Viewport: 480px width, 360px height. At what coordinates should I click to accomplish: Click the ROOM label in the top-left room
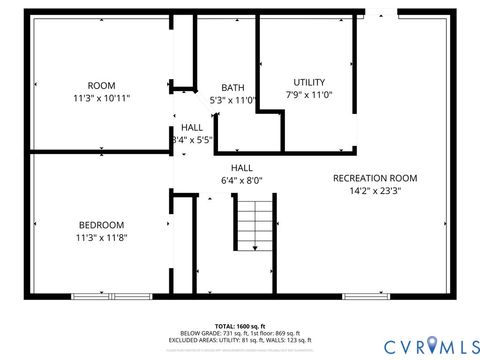click(x=102, y=85)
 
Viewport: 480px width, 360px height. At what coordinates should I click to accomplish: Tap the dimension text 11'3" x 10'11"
click(x=102, y=98)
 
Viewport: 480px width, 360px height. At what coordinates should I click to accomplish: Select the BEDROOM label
click(x=102, y=224)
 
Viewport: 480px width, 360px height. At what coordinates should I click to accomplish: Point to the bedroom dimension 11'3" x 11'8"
click(x=102, y=237)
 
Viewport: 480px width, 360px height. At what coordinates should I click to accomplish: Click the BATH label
click(x=233, y=87)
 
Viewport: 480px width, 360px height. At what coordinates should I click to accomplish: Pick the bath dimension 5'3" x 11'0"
click(x=233, y=100)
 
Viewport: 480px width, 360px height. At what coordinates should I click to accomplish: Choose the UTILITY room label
click(x=309, y=81)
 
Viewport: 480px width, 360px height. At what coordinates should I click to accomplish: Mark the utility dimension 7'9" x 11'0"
click(x=309, y=94)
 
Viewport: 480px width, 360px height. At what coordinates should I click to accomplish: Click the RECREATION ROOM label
click(x=375, y=178)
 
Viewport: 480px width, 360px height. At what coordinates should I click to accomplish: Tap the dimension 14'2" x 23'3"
click(x=375, y=190)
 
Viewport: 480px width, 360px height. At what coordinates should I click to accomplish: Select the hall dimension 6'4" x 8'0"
click(x=241, y=181)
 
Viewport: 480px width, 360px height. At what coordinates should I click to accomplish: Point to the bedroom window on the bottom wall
click(x=111, y=296)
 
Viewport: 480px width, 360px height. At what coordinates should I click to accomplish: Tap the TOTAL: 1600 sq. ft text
click(x=239, y=325)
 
